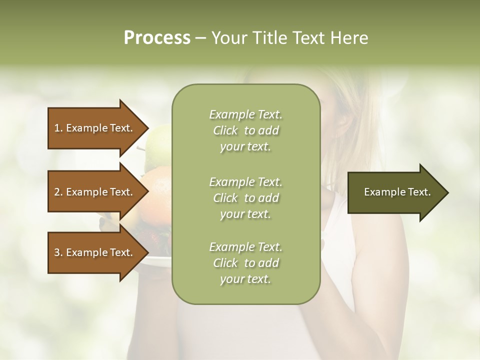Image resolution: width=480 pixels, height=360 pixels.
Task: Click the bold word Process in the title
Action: tap(157, 38)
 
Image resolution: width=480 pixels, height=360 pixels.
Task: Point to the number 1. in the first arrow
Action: tap(58, 128)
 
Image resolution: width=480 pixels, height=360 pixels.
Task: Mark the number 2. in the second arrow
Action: tap(58, 192)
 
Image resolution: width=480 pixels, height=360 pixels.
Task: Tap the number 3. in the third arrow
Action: tap(58, 252)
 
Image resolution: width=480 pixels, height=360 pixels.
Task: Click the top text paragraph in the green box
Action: tap(245, 130)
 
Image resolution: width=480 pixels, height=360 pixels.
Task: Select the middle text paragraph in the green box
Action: tap(245, 198)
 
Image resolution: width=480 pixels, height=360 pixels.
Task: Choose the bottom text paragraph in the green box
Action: tap(245, 263)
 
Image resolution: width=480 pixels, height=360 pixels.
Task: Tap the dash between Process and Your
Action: tap(200, 38)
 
